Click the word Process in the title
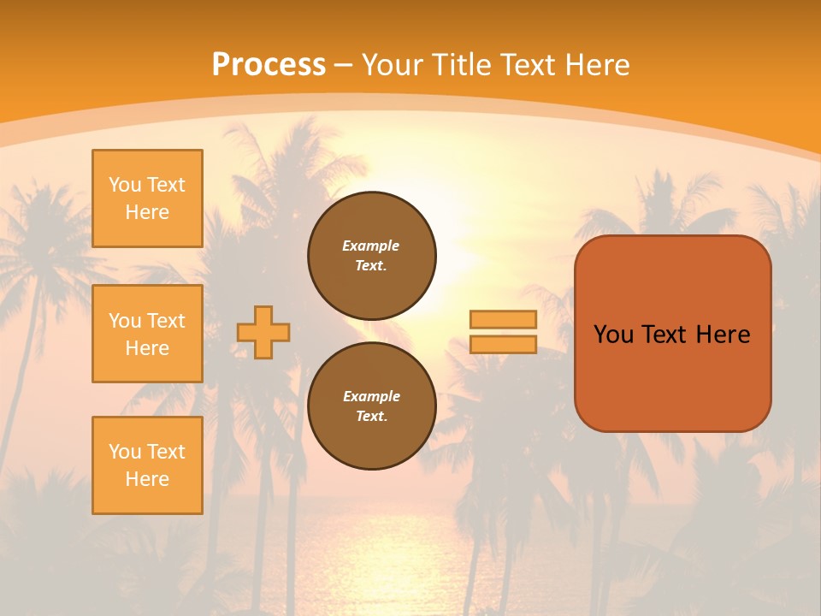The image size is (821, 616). pos(269,65)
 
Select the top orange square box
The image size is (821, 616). pos(147,198)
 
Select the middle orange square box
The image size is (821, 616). pos(147,334)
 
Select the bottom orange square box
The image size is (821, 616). pos(147,465)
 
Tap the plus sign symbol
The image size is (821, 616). pos(263,332)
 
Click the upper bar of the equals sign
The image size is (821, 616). pos(503,319)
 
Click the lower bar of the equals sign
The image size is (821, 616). pos(503,344)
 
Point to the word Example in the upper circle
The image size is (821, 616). pos(371,246)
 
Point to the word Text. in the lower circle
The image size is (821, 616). pos(372,416)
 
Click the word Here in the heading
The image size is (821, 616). pos(595,65)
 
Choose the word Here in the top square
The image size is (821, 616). pos(147,212)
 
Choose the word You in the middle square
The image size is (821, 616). pos(125,321)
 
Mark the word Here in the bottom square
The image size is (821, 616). pos(147,479)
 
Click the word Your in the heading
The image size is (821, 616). pos(393,65)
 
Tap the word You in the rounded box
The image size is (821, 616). pos(613,335)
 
